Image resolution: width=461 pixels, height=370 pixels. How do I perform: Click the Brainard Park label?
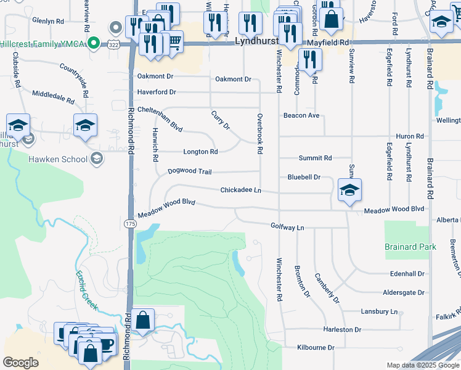click(410, 247)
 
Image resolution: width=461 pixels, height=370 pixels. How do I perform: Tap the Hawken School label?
click(58, 159)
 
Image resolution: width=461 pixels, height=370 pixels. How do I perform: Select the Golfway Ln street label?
click(288, 227)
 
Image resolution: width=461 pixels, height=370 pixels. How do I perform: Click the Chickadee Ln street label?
click(241, 190)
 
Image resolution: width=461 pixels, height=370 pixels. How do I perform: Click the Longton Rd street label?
click(200, 152)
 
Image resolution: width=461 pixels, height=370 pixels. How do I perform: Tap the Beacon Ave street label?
click(301, 115)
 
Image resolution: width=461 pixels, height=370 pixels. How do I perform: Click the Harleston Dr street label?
click(342, 329)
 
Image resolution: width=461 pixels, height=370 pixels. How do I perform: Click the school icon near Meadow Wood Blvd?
click(349, 191)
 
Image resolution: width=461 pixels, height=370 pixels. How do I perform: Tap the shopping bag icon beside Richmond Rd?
click(142, 321)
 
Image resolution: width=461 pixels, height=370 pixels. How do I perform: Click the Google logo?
click(21, 363)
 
